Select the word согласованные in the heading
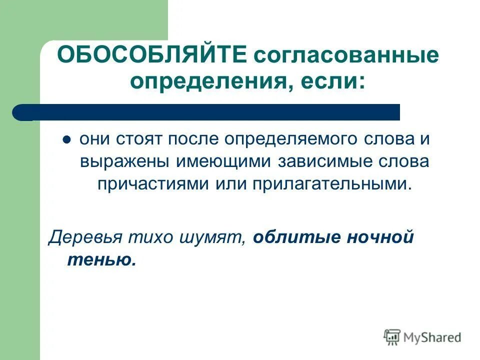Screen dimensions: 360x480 click(346, 55)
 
